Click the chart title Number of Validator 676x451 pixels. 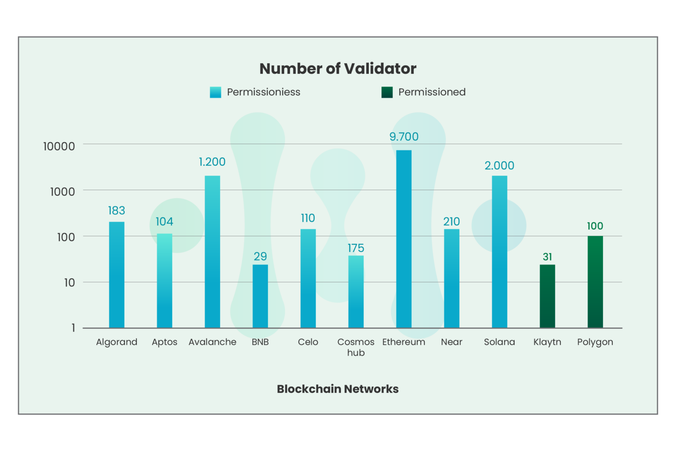click(x=338, y=69)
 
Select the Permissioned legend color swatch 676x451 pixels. click(x=387, y=92)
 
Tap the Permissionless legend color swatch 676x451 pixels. click(x=215, y=92)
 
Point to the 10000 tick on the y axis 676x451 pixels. click(x=59, y=146)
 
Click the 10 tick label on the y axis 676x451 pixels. click(x=70, y=282)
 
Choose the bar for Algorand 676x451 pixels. click(x=117, y=275)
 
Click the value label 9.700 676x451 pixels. click(x=404, y=137)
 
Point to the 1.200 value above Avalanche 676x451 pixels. click(x=212, y=162)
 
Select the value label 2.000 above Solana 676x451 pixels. click(x=499, y=165)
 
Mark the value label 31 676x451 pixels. click(x=547, y=257)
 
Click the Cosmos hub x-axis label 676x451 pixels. click(x=356, y=347)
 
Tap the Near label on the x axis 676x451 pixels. click(x=452, y=342)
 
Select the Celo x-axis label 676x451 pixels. click(x=308, y=342)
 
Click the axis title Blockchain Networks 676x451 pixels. click(x=338, y=389)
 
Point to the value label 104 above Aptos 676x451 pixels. click(x=164, y=221)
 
